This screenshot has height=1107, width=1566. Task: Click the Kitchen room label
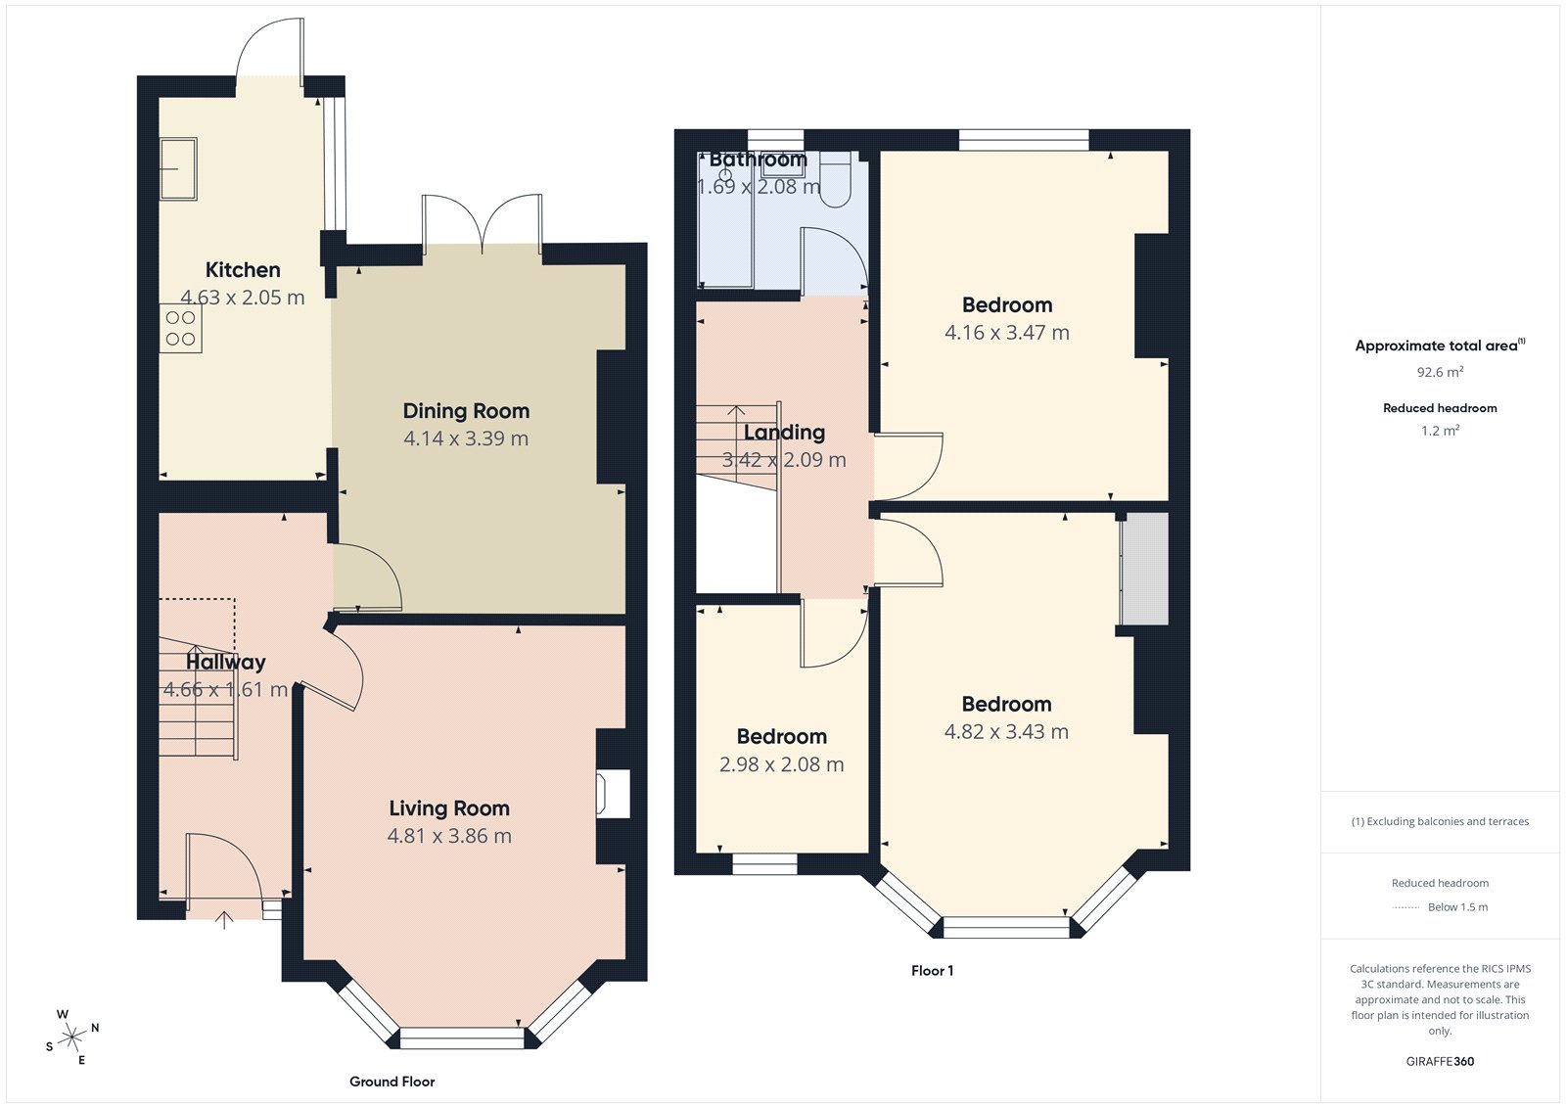click(x=243, y=270)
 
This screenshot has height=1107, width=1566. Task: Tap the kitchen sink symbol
click(x=179, y=168)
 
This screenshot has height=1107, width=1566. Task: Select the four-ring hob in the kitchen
click(x=180, y=329)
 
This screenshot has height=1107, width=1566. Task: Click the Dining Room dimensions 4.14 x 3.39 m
click(x=466, y=439)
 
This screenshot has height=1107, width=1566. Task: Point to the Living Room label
click(x=449, y=808)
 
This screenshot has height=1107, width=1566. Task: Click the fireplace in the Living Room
click(x=614, y=794)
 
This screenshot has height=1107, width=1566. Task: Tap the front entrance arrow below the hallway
click(x=224, y=920)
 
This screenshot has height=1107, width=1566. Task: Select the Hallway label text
click(x=226, y=663)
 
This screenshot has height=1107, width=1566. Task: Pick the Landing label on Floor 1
click(x=784, y=433)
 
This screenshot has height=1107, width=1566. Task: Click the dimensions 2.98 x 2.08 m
click(x=781, y=765)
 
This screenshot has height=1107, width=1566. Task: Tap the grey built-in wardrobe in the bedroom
click(x=1144, y=569)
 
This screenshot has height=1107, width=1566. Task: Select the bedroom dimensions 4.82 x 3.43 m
click(x=1006, y=732)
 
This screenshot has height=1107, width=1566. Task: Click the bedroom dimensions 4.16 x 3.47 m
click(x=1006, y=333)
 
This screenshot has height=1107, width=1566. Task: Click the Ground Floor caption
click(x=391, y=1082)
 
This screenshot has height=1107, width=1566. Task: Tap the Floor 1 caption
click(x=932, y=971)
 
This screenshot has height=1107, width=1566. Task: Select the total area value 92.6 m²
click(x=1440, y=372)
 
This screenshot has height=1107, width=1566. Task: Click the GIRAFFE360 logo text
click(x=1440, y=1061)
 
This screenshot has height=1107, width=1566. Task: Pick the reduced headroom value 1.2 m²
click(x=1440, y=431)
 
